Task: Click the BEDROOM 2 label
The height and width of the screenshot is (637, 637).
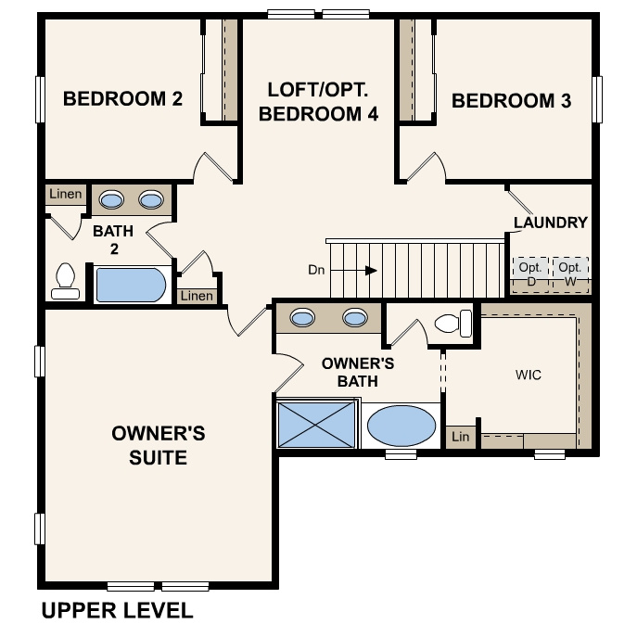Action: coord(122,99)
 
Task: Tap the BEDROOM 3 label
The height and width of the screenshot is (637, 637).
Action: coord(511,101)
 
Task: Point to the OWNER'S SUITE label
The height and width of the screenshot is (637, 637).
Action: coord(158,445)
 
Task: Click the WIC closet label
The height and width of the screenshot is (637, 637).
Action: coord(528,376)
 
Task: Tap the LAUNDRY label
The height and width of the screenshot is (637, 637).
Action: coord(550,223)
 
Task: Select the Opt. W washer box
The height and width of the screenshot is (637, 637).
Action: coord(569,274)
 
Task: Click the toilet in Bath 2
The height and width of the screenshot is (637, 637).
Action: coord(65,281)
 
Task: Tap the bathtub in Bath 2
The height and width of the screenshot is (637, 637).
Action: coord(132,285)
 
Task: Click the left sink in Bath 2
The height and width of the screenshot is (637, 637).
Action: coord(111,199)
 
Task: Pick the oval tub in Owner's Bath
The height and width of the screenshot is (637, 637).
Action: coord(401,427)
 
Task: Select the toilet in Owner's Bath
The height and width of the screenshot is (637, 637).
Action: coord(452,324)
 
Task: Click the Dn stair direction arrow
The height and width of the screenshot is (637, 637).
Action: coord(368,270)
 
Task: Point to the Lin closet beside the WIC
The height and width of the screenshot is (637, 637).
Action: coord(459,437)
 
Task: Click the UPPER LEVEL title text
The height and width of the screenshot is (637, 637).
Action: coord(117,610)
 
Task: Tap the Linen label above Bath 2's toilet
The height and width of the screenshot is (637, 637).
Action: coord(66,195)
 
